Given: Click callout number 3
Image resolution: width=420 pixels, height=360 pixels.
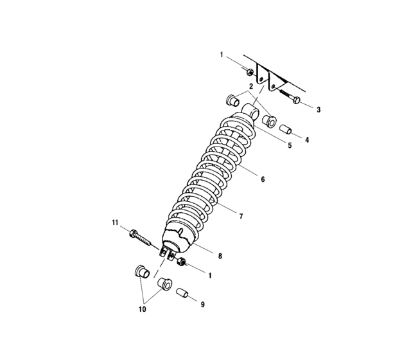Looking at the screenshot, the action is click(319, 110).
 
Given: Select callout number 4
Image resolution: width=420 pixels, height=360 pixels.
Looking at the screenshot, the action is click(307, 139).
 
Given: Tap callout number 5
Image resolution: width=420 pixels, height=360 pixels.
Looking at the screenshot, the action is click(290, 145).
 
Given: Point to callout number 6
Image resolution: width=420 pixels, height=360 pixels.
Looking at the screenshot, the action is click(263, 179).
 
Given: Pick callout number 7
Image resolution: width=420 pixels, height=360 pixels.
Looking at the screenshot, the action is click(241, 216).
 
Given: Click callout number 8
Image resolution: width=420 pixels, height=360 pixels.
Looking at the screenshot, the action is click(220, 256).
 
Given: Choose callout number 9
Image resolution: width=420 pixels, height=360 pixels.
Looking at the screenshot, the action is click(202, 305).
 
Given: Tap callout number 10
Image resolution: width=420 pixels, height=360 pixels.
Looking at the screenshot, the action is click(142, 309).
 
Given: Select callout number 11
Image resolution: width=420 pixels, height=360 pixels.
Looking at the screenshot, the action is click(115, 223).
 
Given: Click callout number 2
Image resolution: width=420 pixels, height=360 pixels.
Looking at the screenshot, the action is click(251, 87).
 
